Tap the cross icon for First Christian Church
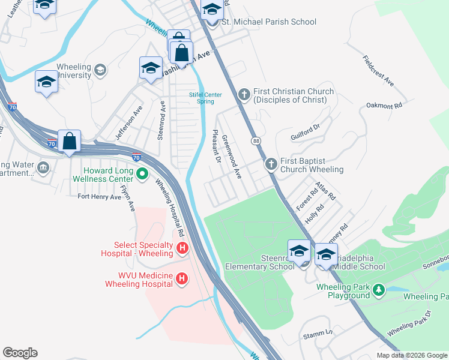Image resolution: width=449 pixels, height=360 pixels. pyautogui.click(x=244, y=94)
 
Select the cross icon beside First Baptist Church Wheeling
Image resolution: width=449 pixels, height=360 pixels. pyautogui.click(x=271, y=164)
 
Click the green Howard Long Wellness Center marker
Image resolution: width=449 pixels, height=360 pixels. pyautogui.click(x=142, y=175)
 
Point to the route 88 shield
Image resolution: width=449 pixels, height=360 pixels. pyautogui.click(x=256, y=140)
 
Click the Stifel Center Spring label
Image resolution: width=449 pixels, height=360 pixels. pyautogui.click(x=205, y=98)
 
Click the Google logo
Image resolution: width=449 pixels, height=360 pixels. pyautogui.click(x=20, y=353)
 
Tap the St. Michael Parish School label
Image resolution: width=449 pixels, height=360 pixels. pyautogui.click(x=269, y=22)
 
